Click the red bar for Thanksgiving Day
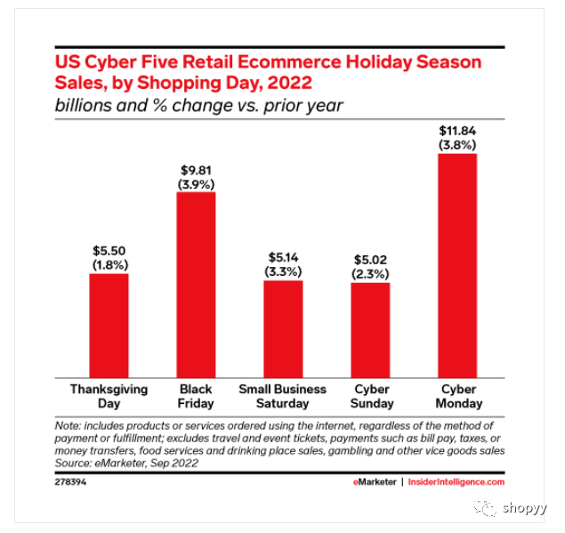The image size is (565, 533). pyautogui.click(x=109, y=325)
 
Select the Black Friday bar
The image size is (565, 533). pyautogui.click(x=196, y=285)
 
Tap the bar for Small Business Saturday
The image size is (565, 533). pyautogui.click(x=283, y=328)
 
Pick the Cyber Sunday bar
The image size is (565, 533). pyautogui.click(x=370, y=329)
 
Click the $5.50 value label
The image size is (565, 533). pyautogui.click(x=109, y=251)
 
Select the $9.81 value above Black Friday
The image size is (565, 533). pyautogui.click(x=196, y=169)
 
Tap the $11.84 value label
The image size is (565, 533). pyautogui.click(x=457, y=131)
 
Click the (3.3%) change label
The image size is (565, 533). pyautogui.click(x=283, y=272)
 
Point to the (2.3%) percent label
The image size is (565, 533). pyautogui.click(x=370, y=274)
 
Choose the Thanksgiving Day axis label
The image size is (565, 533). pyautogui.click(x=109, y=396)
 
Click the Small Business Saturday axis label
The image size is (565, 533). pyautogui.click(x=283, y=390)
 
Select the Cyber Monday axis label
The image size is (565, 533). pyautogui.click(x=457, y=396)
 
